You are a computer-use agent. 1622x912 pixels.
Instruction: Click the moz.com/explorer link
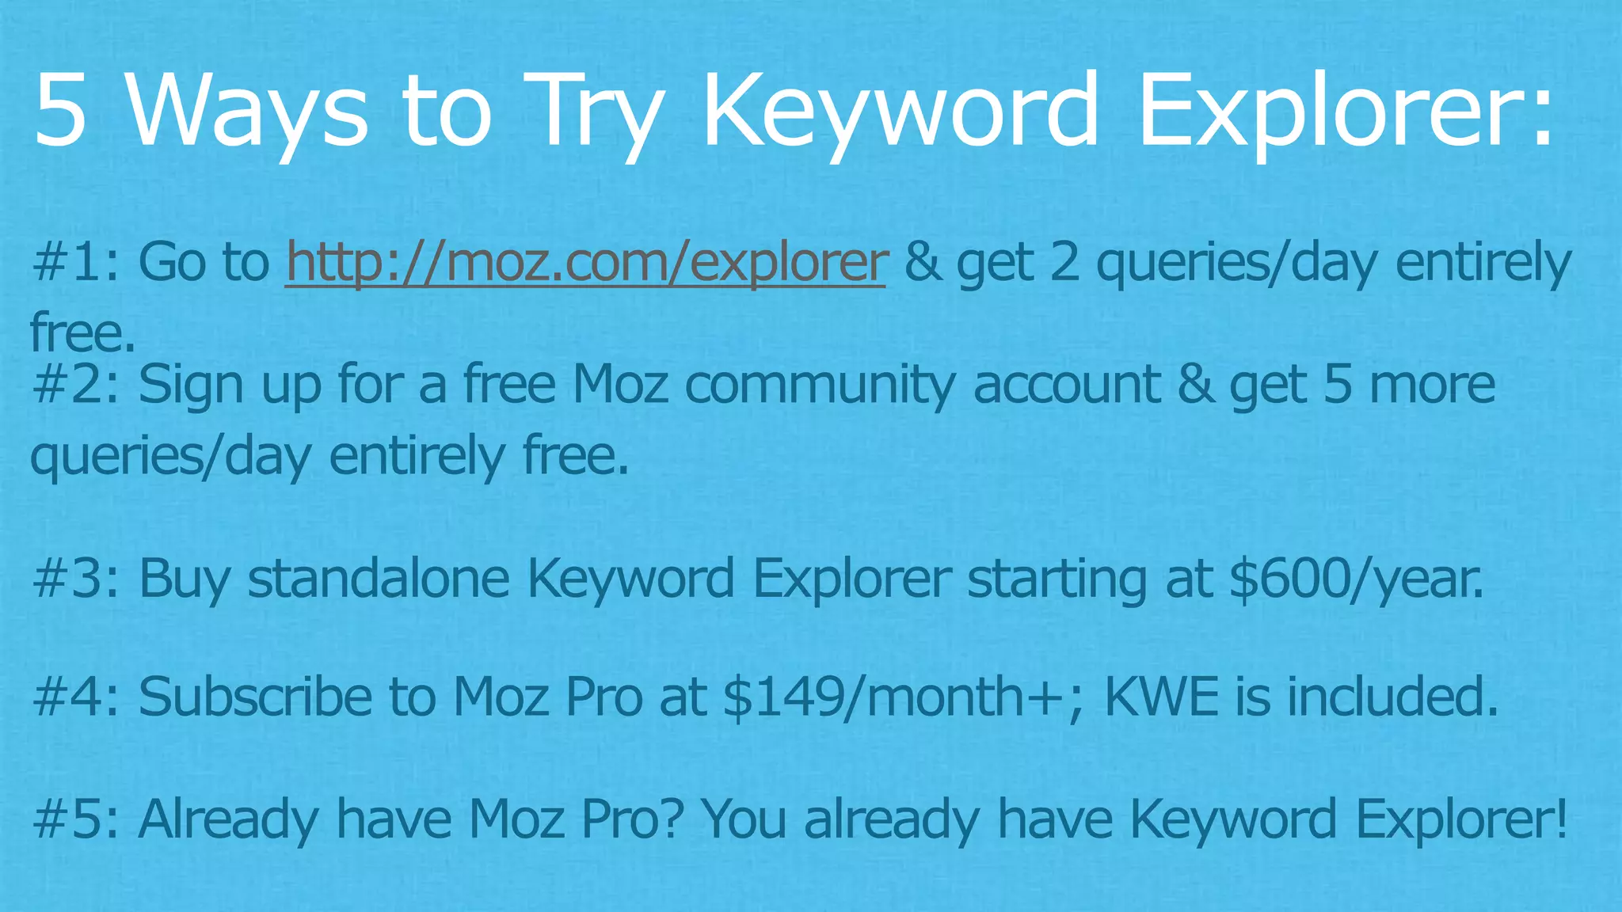coord(585,263)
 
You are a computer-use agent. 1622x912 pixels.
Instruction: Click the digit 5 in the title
coord(60,111)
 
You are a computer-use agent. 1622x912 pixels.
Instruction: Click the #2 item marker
coord(75,385)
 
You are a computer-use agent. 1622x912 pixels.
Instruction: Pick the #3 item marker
coord(75,579)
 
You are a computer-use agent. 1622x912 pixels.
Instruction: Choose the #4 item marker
coord(75,697)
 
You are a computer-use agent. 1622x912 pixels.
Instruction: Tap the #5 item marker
coord(75,819)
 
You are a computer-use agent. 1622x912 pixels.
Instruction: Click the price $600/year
coord(1357,579)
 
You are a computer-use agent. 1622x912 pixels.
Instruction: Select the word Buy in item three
coord(185,579)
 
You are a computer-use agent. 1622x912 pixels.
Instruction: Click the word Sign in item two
coord(191,385)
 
